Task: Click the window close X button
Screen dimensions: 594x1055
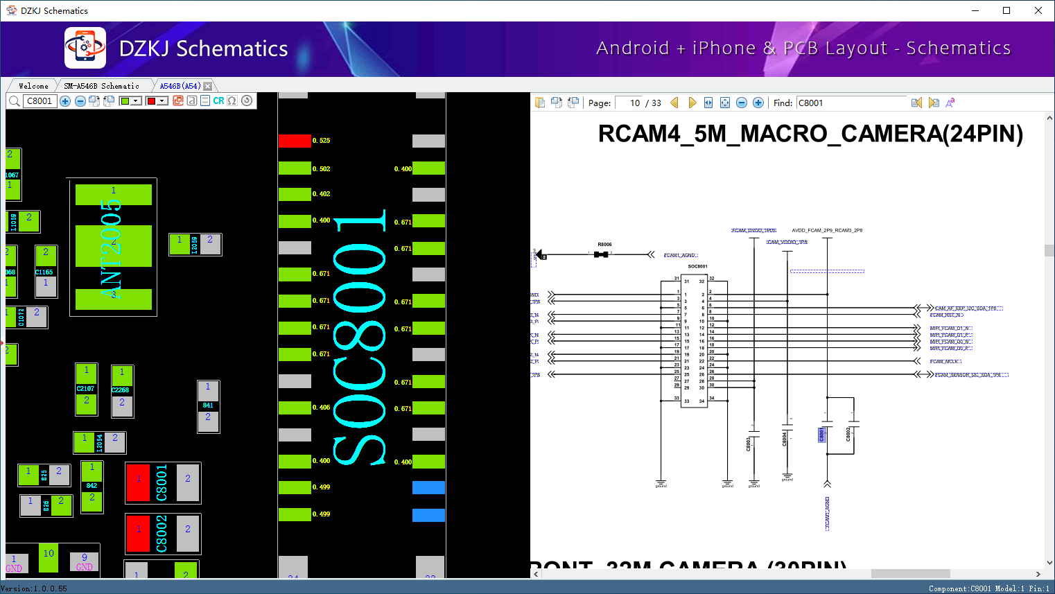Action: (x=1038, y=10)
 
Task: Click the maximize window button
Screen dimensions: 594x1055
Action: (x=1006, y=10)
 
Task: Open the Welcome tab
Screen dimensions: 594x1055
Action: (x=33, y=86)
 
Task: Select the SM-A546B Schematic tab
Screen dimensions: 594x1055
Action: (x=101, y=86)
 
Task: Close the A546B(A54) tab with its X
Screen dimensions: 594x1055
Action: (x=207, y=86)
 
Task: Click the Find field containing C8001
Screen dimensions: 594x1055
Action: (x=851, y=103)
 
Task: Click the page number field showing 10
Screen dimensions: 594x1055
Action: (x=631, y=103)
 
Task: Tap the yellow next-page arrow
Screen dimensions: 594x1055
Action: (x=692, y=103)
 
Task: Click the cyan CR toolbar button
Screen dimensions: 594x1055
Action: (x=218, y=101)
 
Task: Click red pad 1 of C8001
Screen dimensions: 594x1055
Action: (x=138, y=482)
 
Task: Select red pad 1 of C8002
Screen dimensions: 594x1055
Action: (x=138, y=533)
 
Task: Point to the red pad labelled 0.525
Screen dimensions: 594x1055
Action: (x=295, y=141)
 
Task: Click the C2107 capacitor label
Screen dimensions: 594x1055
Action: (x=85, y=389)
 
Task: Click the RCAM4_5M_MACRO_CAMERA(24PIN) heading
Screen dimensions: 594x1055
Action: (x=810, y=134)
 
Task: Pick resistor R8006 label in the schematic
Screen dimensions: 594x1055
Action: (x=604, y=245)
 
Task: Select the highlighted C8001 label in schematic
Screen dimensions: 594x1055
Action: (x=822, y=435)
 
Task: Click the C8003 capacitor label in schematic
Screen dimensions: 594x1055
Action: (x=749, y=444)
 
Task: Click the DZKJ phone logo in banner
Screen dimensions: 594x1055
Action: (x=85, y=48)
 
